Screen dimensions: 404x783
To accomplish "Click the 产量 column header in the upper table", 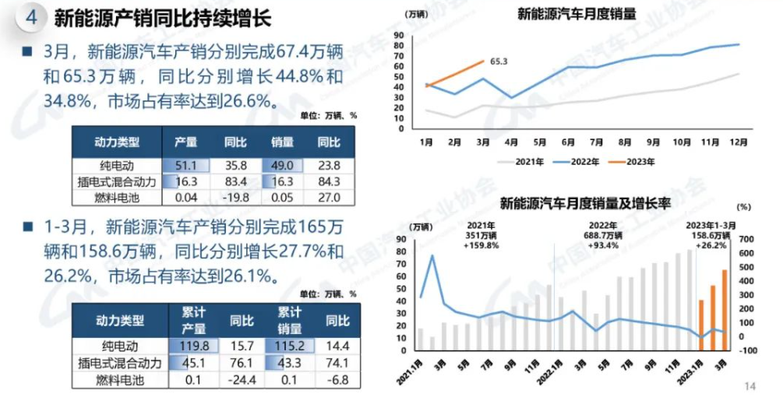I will (185, 142).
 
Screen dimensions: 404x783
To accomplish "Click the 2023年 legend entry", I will (633, 161).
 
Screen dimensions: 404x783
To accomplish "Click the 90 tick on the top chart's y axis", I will (399, 35).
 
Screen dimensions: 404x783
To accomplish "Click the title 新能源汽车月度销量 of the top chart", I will (577, 13).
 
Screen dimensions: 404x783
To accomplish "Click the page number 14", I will (750, 387).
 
